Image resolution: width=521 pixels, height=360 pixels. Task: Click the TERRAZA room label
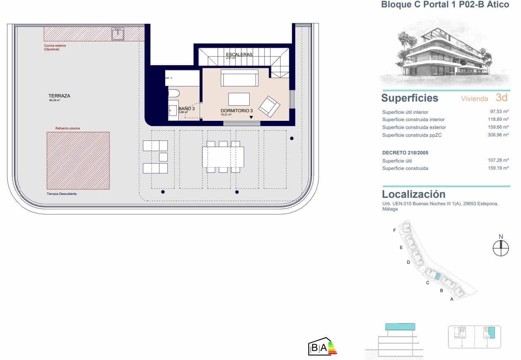pyautogui.click(x=59, y=96)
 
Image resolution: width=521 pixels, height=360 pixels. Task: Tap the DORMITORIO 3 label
pyautogui.click(x=239, y=111)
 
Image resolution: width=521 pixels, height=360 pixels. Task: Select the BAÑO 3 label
pyautogui.click(x=187, y=109)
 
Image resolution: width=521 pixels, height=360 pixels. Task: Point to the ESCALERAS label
pyautogui.click(x=239, y=54)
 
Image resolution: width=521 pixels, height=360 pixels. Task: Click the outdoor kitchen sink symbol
pyautogui.click(x=118, y=34)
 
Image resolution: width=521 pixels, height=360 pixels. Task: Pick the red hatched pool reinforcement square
pyautogui.click(x=78, y=161)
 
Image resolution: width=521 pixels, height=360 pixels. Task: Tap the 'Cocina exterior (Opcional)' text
pyautogui.click(x=55, y=48)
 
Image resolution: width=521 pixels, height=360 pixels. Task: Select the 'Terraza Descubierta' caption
pyautogui.click(x=61, y=194)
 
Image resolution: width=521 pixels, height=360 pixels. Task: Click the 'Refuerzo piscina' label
pyautogui.click(x=68, y=128)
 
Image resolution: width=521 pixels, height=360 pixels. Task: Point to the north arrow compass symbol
pyautogui.click(x=501, y=248)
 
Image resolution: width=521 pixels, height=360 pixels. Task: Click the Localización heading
pyautogui.click(x=414, y=194)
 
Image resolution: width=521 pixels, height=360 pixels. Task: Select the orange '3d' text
pyautogui.click(x=501, y=97)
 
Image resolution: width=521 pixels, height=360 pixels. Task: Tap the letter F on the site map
pyautogui.click(x=394, y=231)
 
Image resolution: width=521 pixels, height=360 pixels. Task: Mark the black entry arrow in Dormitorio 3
pyautogui.click(x=251, y=118)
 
